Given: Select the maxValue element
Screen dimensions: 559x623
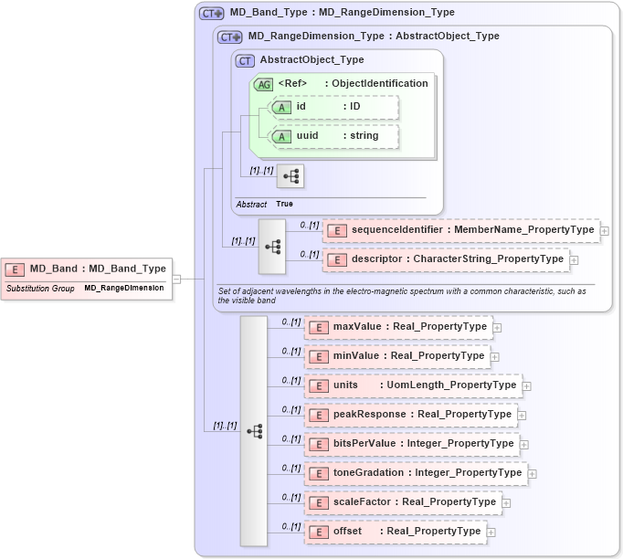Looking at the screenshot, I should (398, 326).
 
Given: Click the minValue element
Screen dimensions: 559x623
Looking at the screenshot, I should (397, 355).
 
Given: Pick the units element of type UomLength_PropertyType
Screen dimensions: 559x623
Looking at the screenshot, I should (413, 385).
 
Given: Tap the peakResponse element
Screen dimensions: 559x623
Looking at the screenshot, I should (410, 415).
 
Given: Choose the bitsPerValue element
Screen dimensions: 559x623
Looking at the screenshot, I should (411, 444).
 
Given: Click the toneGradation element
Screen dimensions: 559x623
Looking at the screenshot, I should (416, 473).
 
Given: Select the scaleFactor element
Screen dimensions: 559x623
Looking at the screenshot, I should (403, 502).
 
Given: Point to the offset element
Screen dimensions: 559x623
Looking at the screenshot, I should (395, 532).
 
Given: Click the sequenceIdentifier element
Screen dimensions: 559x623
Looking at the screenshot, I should (461, 231).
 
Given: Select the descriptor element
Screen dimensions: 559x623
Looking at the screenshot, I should (446, 259).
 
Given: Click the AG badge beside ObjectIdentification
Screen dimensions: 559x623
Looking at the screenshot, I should (263, 84).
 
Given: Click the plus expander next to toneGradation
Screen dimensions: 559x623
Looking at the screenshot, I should (533, 474).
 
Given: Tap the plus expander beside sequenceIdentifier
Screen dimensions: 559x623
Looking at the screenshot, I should (605, 232).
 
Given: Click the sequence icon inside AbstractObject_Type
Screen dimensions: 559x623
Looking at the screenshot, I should (290, 176).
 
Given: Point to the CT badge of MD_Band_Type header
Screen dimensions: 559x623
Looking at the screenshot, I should (212, 13).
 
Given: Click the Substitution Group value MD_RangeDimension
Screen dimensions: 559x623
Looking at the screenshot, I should (124, 288).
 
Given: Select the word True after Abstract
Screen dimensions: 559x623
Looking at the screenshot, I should (285, 204).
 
